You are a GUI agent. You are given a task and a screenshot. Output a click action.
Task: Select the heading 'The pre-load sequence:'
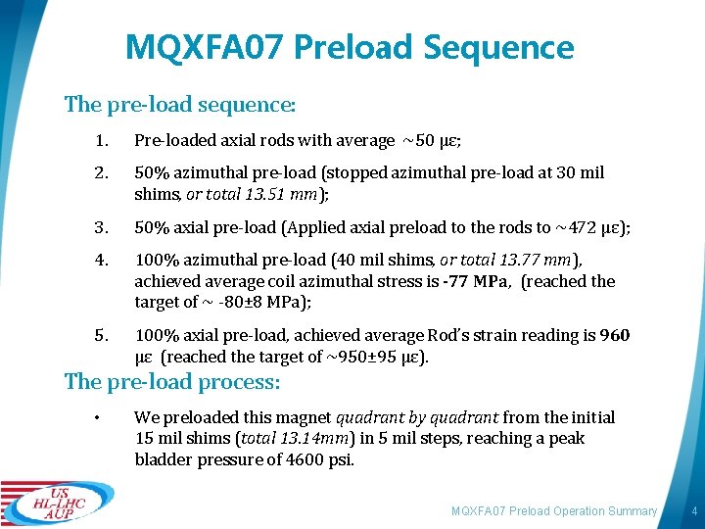coord(180,103)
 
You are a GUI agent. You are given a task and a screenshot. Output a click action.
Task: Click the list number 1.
coord(101,141)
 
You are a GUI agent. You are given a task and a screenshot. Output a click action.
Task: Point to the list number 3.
coord(101,227)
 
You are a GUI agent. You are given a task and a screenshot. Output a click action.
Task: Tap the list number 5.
coord(101,335)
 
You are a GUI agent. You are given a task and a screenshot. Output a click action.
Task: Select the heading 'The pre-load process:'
coord(172,382)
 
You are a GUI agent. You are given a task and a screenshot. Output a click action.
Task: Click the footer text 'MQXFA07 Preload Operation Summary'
coord(553,511)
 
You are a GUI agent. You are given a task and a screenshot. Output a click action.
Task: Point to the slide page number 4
coord(693,511)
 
